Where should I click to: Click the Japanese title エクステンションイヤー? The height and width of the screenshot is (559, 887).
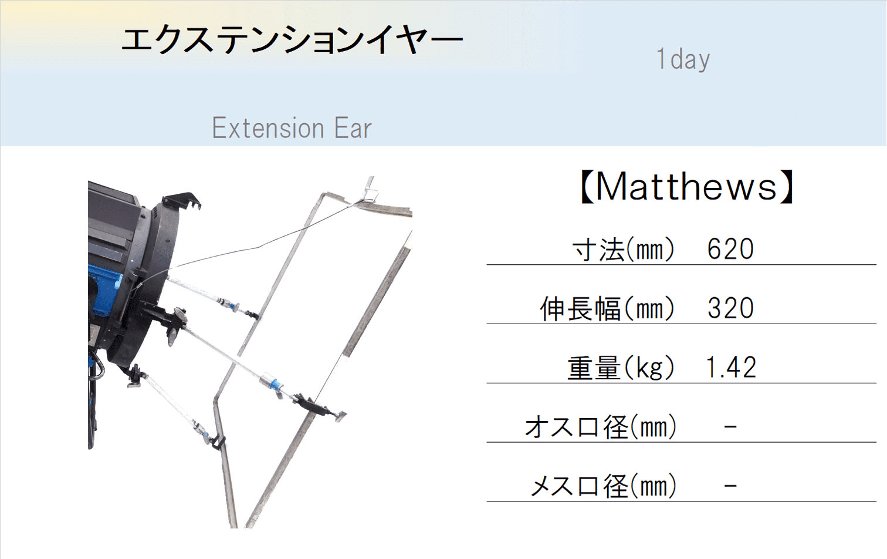(292, 40)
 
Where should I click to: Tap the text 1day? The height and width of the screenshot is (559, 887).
(683, 59)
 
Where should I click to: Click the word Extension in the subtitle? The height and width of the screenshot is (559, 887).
(268, 128)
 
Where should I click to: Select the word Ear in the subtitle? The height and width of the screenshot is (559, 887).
(353, 128)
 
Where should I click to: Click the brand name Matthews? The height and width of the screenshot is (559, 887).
(686, 187)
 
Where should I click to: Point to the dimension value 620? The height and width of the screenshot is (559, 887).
(730, 249)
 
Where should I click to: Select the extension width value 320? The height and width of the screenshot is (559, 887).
(730, 308)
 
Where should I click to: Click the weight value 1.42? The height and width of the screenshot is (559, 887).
(731, 367)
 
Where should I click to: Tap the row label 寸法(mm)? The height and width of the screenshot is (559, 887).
(623, 250)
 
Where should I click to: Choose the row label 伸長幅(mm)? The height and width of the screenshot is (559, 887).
(607, 309)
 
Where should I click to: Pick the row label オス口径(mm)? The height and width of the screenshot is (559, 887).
(600, 427)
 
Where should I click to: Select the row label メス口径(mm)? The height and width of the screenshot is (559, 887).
(603, 486)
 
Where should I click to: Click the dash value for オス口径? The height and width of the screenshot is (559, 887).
(730, 426)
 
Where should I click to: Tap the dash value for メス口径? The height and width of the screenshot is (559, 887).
(730, 486)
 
